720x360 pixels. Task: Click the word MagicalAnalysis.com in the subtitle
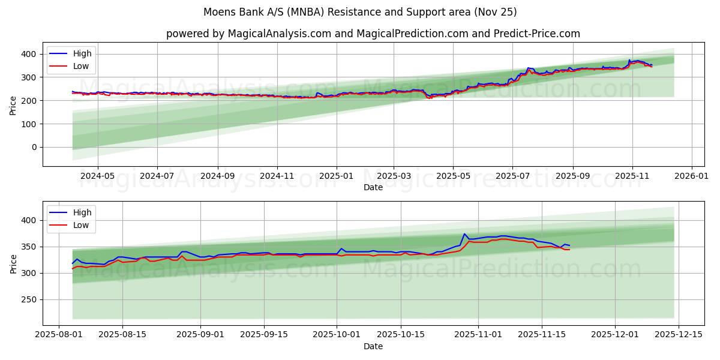(280, 34)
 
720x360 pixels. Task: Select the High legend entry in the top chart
(82, 54)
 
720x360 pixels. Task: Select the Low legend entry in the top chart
(81, 66)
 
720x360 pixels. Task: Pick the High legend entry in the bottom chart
(82, 212)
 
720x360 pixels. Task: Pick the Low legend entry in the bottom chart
(81, 225)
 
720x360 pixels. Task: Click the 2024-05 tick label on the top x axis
(97, 176)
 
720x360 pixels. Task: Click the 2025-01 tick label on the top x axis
(336, 176)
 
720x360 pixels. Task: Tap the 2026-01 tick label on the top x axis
(692, 176)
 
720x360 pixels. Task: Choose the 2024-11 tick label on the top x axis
(277, 176)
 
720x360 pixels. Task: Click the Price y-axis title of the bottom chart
(13, 263)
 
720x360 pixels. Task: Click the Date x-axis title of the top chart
(373, 187)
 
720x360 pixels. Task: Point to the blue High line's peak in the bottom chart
(464, 234)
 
